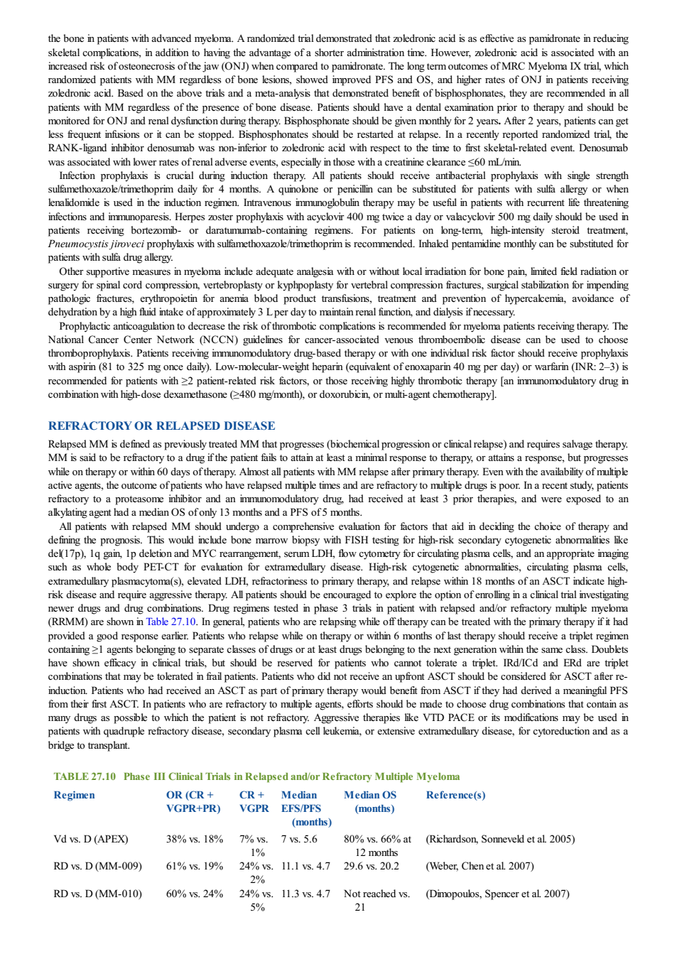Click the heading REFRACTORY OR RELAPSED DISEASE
pos(161,426)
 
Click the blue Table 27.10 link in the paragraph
pos(171,622)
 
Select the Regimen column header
pos(74,795)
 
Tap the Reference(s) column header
pos(455,795)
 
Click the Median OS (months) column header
pos(370,802)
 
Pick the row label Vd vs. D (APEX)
pos(91,839)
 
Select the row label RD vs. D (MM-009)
pos(97,866)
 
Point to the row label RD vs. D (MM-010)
pos(97,894)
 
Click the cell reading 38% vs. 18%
pos(195,839)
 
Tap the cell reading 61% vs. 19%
pos(195,866)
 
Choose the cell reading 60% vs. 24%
pos(195,894)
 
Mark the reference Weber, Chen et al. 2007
pos(480,866)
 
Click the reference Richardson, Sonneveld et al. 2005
pos(501,839)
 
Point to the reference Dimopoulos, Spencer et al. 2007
pos(498,894)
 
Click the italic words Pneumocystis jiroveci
pos(96,244)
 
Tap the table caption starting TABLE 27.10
pos(257,776)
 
